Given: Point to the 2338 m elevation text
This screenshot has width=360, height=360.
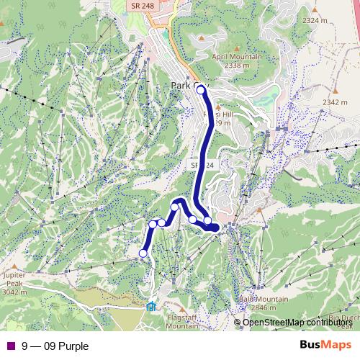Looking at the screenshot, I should [236, 66].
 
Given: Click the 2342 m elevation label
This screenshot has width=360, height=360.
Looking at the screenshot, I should [335, 102].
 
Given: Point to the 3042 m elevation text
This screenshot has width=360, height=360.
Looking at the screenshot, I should [14, 292].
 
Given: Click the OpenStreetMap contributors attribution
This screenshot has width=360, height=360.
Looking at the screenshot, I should [293, 322].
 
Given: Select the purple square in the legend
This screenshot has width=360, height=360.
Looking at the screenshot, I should [10, 346].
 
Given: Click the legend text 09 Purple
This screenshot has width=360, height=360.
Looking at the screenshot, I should [66, 346].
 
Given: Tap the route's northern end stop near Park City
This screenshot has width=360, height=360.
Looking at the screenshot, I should [201, 91].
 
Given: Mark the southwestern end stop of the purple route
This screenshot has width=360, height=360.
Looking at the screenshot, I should [143, 253].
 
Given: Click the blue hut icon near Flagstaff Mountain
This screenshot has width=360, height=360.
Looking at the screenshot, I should [150, 306].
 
